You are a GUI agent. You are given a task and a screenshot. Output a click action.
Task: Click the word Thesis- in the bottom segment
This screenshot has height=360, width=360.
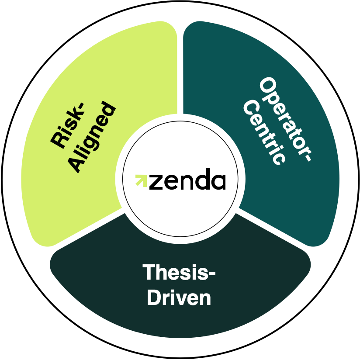(179, 273)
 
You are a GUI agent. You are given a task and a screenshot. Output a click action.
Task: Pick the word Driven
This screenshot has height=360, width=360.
(179, 298)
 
